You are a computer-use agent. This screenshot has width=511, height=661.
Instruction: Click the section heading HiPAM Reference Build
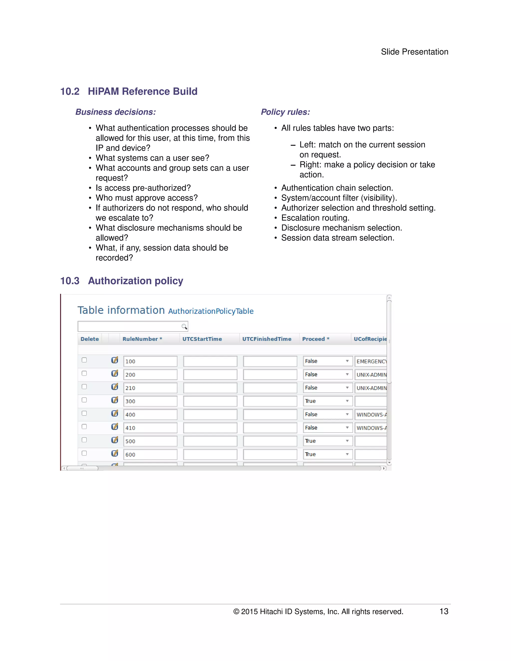tap(142, 91)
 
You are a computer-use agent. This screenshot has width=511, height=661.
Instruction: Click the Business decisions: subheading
tap(115, 112)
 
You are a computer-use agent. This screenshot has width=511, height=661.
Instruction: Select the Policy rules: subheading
tap(285, 112)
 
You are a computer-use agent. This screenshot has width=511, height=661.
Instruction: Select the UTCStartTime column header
tap(202, 339)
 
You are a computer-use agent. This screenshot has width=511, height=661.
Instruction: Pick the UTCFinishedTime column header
tap(266, 339)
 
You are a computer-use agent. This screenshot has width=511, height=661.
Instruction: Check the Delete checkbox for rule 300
tap(84, 400)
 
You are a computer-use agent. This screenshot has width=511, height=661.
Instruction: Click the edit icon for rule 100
tap(115, 360)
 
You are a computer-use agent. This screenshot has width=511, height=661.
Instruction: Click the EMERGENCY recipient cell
tap(371, 361)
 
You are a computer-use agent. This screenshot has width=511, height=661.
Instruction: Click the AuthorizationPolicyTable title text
tap(211, 311)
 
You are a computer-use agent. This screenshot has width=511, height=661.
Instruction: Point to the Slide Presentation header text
tap(414, 52)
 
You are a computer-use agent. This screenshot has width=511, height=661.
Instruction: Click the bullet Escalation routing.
tap(315, 218)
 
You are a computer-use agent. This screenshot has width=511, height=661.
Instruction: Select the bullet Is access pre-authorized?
tap(143, 188)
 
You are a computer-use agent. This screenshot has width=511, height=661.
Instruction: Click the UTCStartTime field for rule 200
tap(210, 375)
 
